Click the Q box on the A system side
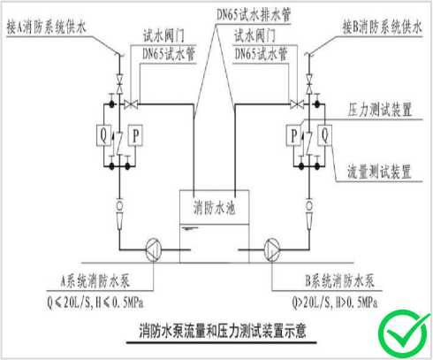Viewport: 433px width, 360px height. coord(103,135)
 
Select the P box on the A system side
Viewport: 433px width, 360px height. coord(135,135)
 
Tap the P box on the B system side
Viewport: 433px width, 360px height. coord(294,135)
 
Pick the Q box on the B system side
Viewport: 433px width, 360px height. coord(325,135)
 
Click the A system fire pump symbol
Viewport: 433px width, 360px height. coord(154,250)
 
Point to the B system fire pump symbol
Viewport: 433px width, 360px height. coord(272,250)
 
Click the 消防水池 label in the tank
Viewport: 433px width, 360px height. coord(214,207)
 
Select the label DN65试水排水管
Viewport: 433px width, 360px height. coord(254,14)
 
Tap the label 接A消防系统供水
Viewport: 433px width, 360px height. coord(46,27)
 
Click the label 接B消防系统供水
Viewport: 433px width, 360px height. coord(382,27)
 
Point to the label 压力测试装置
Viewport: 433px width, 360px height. coord(380,110)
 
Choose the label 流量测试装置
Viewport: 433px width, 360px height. coord(379,172)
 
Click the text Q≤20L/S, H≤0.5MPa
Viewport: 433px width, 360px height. coord(95,303)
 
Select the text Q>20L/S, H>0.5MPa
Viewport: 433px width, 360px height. coord(335,303)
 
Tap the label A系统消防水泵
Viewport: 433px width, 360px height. coord(95,281)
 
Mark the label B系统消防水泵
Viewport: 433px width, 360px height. coord(339,280)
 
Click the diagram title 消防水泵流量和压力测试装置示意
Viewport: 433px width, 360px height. coord(223,331)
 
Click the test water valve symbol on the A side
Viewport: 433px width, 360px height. coord(131,103)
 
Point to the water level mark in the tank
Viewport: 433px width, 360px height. coord(190,228)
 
